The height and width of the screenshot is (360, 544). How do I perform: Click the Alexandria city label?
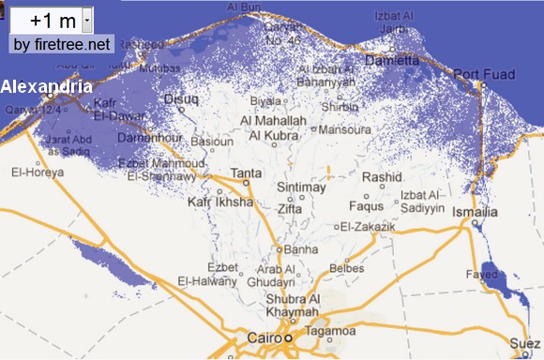[46, 86]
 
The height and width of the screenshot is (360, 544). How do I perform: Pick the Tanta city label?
[247, 173]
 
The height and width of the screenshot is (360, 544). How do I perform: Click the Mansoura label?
[346, 130]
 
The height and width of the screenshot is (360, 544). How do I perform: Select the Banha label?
[301, 250]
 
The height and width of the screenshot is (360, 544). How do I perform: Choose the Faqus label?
[367, 206]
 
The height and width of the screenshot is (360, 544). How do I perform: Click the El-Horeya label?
[37, 172]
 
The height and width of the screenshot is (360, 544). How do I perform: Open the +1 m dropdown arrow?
[86, 19]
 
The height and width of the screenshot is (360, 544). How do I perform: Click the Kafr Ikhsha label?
[219, 202]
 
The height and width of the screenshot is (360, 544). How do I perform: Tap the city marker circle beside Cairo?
[289, 337]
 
